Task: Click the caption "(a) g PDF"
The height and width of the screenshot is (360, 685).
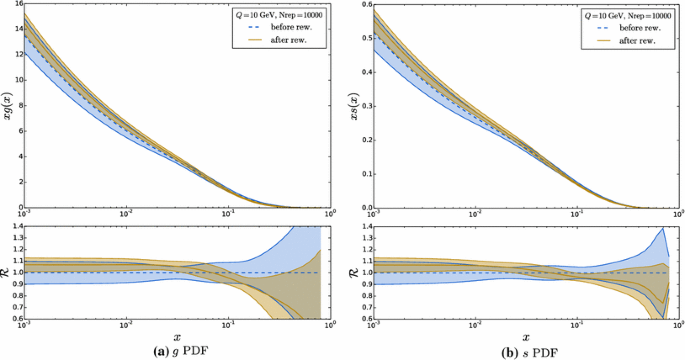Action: coord(176,351)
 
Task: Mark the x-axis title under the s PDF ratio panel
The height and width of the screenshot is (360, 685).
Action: coord(523,337)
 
